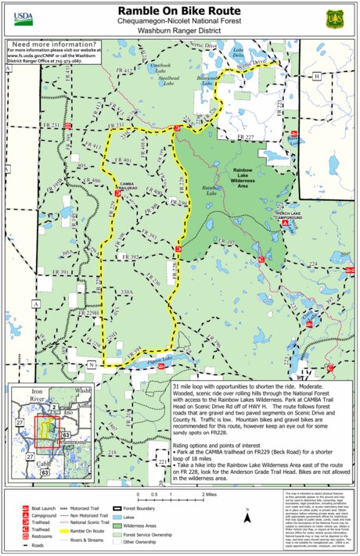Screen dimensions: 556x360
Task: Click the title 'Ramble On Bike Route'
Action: click(179, 10)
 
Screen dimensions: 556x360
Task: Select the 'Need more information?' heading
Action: click(47, 45)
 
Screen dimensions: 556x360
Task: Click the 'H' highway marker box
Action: click(316, 77)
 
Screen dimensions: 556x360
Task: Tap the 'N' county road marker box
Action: click(91, 364)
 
